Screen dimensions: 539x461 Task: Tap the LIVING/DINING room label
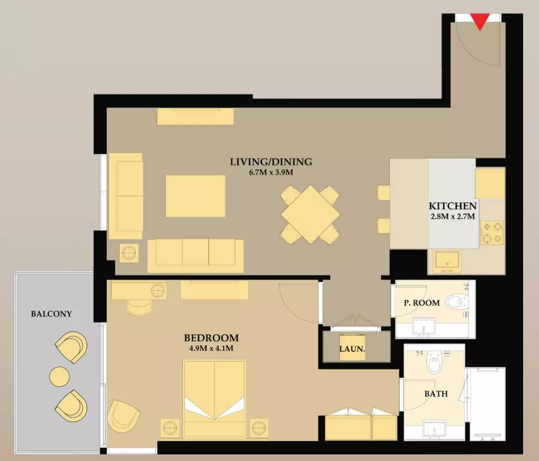271,162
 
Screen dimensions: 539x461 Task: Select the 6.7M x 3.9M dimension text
271,172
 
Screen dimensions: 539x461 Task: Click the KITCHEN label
452,206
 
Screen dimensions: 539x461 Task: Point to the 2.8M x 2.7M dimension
452,216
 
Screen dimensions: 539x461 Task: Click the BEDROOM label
211,338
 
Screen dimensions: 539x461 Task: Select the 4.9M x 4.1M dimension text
211,348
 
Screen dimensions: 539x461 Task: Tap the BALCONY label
51,314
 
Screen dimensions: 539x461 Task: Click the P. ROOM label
421,303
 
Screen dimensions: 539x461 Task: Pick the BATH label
436,394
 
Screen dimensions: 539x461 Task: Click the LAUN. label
352,349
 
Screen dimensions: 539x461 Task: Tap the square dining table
310,215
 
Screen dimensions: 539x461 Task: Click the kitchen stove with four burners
491,233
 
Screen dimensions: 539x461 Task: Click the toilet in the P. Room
457,302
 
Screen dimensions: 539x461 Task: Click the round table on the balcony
60,377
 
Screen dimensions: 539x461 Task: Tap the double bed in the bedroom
215,399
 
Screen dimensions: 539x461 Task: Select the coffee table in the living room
195,196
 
